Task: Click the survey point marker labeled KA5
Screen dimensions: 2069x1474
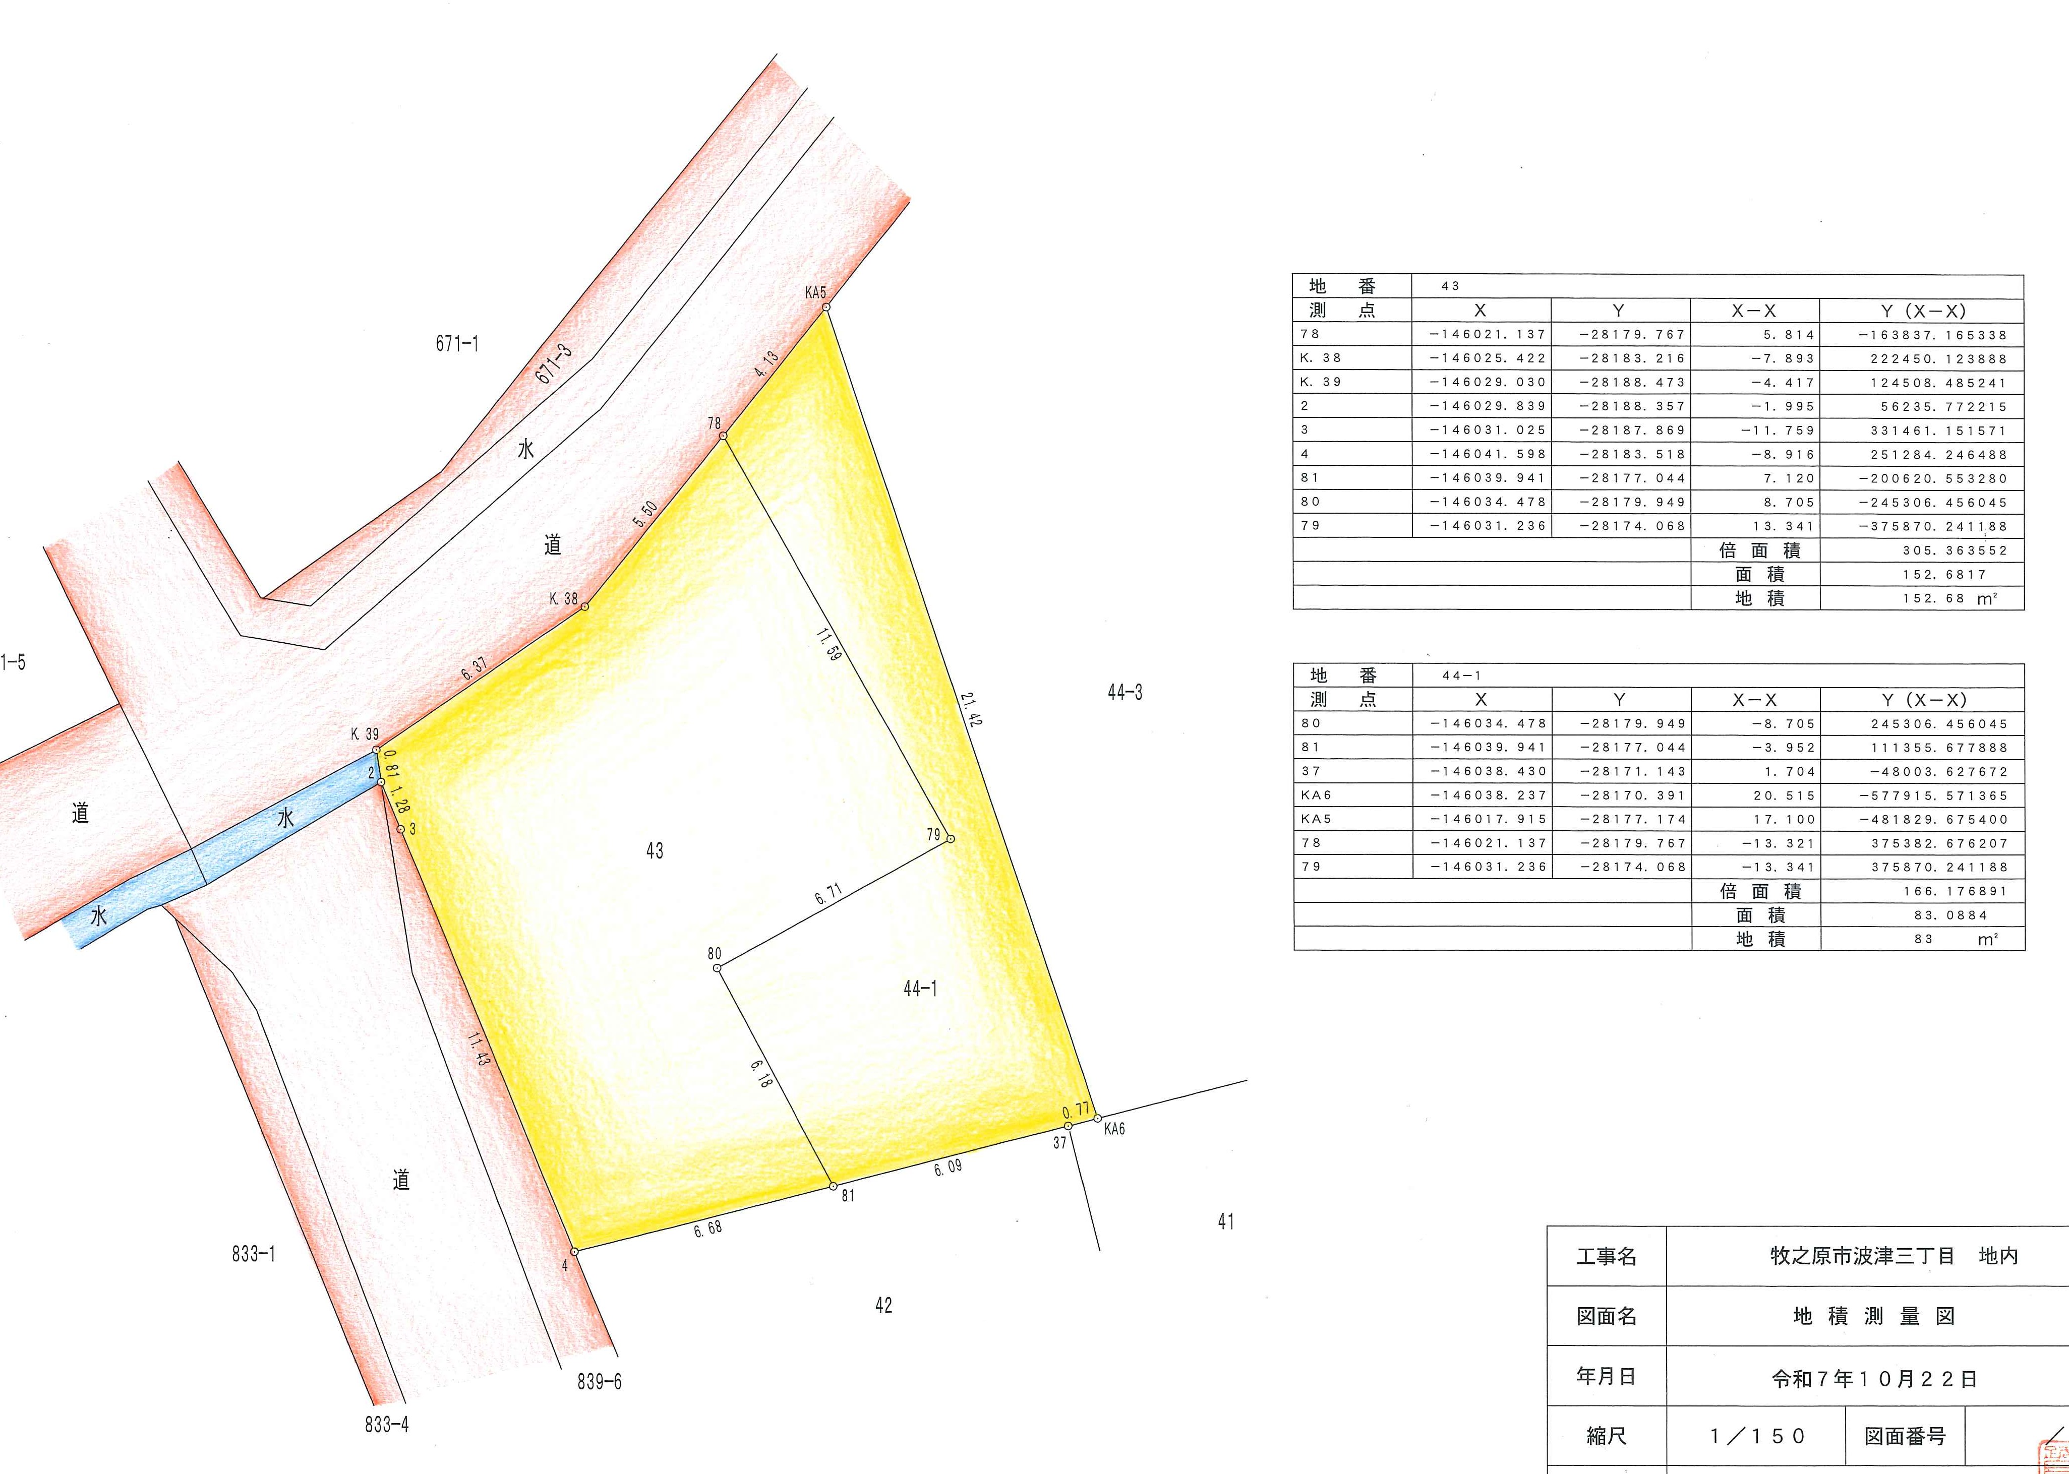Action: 826,308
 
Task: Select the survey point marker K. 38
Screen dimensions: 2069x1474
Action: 584,606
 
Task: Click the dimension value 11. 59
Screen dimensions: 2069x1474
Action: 827,644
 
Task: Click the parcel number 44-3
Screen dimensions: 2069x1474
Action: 1125,693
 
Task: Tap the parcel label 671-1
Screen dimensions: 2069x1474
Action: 457,343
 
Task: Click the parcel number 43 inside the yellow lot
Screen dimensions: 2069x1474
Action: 655,850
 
